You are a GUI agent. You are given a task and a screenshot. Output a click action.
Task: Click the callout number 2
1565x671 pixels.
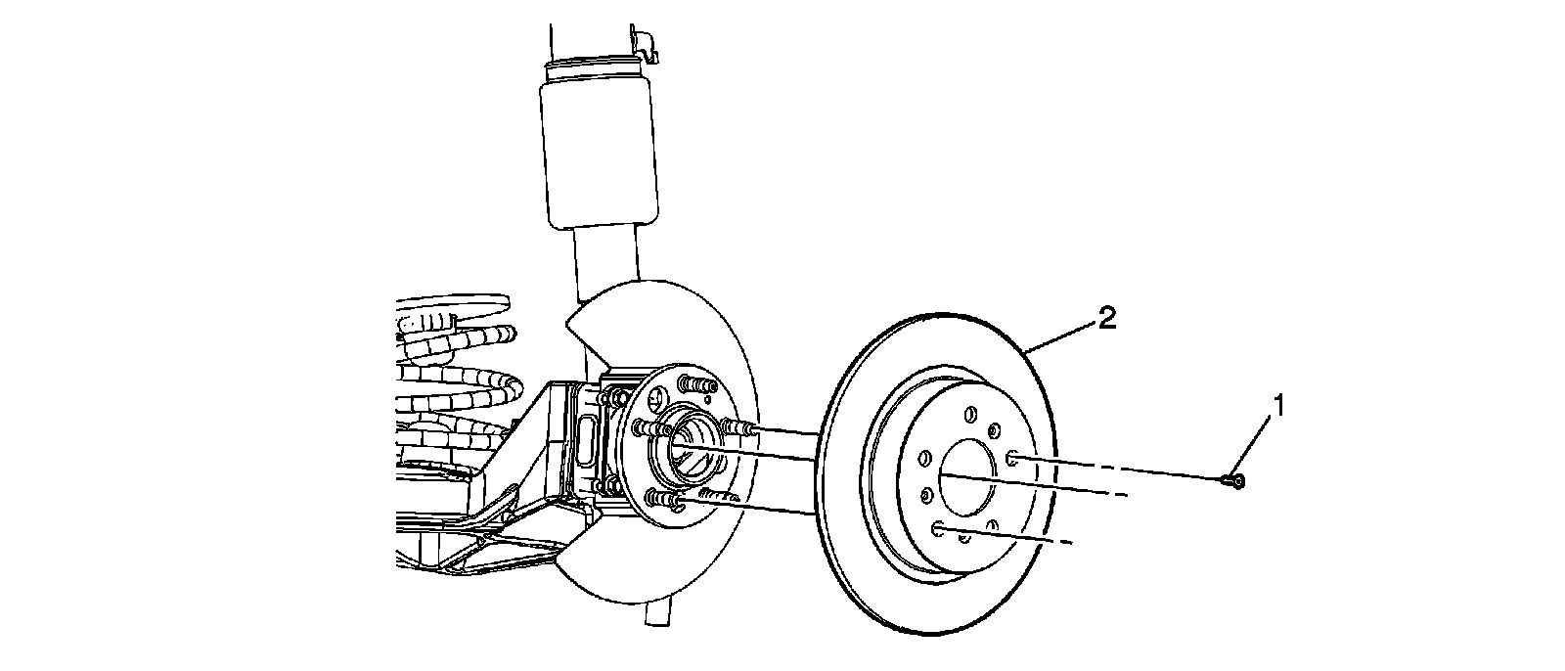(1106, 318)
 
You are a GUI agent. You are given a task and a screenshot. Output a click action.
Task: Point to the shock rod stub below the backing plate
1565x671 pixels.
(658, 611)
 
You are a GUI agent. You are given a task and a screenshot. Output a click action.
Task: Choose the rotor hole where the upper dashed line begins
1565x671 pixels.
(1012, 457)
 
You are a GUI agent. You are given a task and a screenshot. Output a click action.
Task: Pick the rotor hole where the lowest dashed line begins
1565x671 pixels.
(940, 529)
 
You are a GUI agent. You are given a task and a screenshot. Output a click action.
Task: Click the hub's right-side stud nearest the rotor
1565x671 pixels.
(736, 426)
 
